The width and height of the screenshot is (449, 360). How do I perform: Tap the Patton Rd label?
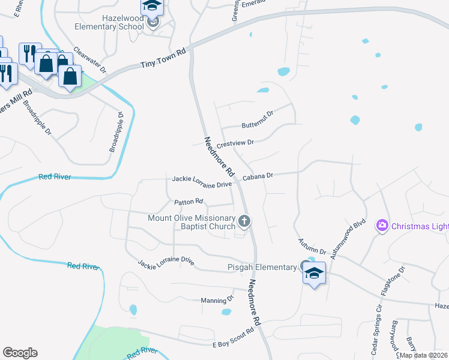click(189, 202)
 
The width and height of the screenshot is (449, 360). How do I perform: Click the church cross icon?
click(244, 222)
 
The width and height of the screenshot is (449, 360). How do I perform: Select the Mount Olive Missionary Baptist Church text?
click(192, 222)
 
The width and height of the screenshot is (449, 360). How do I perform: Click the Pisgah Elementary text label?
click(261, 267)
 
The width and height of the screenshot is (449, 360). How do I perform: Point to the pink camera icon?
click(382, 226)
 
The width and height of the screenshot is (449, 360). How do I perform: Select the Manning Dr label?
click(217, 299)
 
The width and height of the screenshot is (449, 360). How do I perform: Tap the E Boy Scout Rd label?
click(234, 339)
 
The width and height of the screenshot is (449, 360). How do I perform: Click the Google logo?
click(20, 353)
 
